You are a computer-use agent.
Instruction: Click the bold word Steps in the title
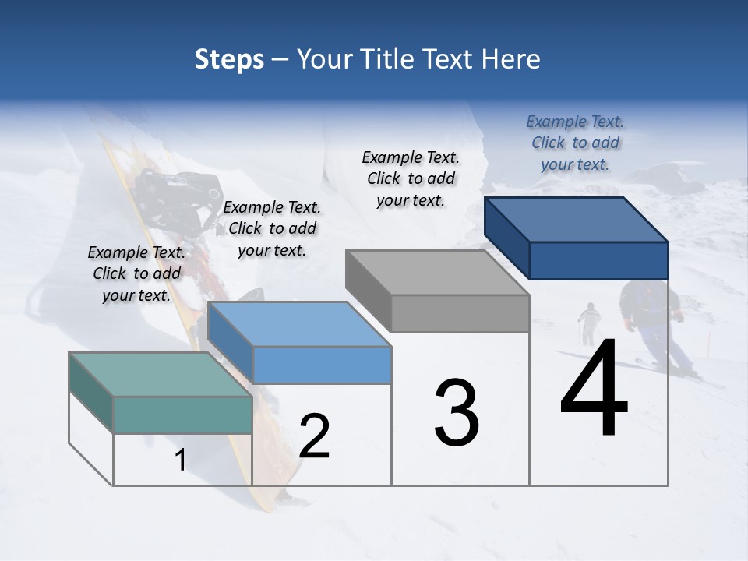pos(229,59)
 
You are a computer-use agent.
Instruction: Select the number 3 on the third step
pos(456,412)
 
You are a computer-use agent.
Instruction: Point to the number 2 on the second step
pos(314,436)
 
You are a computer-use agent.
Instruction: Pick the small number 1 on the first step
pos(180,460)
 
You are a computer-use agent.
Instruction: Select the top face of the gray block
pos(436,273)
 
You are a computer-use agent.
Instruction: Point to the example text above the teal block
pos(136,273)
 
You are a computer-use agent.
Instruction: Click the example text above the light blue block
pos(272,228)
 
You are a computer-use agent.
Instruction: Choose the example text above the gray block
pos(411,178)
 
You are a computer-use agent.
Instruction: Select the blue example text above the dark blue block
pos(575,143)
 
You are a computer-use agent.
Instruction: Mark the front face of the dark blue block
pos(598,260)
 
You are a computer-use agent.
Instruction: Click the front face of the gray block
pos(460,313)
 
